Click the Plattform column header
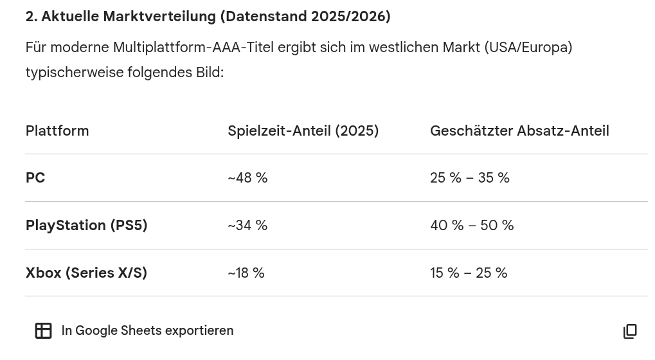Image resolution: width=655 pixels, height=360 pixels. (57, 130)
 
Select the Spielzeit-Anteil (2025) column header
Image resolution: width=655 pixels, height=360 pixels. (303, 131)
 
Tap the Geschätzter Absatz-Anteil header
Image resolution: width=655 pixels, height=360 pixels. (519, 130)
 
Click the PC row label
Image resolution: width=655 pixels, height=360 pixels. (35, 178)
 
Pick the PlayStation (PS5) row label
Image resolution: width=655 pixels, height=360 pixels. (87, 226)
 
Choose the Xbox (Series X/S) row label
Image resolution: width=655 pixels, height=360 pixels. (87, 273)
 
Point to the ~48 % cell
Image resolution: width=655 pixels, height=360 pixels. (247, 178)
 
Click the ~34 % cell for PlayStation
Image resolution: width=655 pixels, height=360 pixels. (247, 226)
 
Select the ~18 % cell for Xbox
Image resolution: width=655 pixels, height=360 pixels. (246, 273)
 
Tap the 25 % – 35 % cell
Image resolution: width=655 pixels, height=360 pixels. (470, 178)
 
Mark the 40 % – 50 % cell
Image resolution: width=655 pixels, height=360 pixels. (472, 226)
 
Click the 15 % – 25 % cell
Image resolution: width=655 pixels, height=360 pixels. (469, 273)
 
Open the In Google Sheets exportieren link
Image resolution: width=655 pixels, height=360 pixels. (147, 330)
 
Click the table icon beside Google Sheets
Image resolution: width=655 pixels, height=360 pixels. (44, 331)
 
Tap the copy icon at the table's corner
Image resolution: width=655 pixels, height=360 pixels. (630, 331)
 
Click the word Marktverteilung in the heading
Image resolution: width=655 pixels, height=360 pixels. (159, 17)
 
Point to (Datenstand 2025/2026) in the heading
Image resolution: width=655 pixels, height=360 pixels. (305, 17)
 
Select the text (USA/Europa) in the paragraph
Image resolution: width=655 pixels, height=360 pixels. (528, 48)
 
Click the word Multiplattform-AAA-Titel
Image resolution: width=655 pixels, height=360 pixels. (193, 48)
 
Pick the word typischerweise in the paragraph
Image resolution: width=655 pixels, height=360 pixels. (75, 73)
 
